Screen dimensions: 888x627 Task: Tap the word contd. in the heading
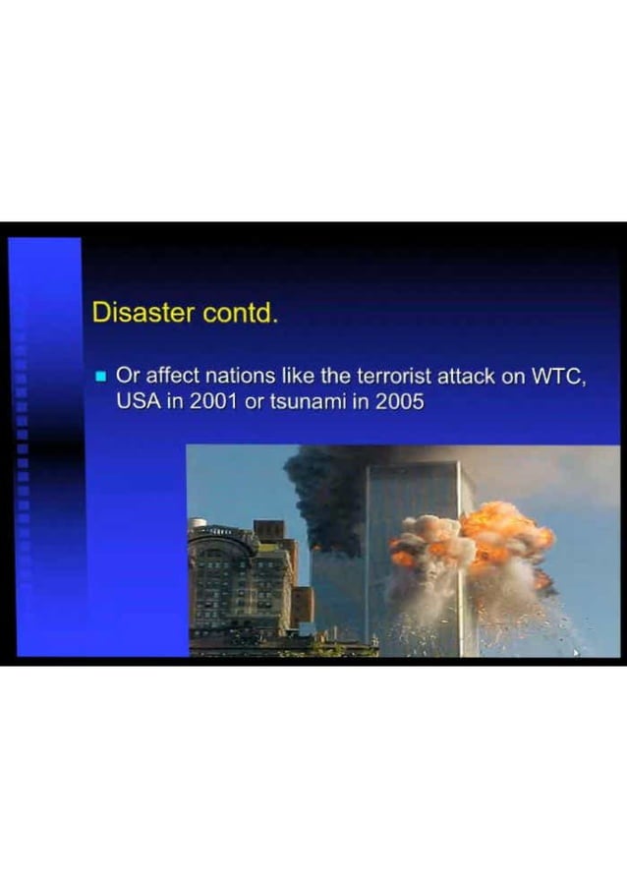coord(242,313)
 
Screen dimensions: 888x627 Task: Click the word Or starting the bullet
coord(128,376)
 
